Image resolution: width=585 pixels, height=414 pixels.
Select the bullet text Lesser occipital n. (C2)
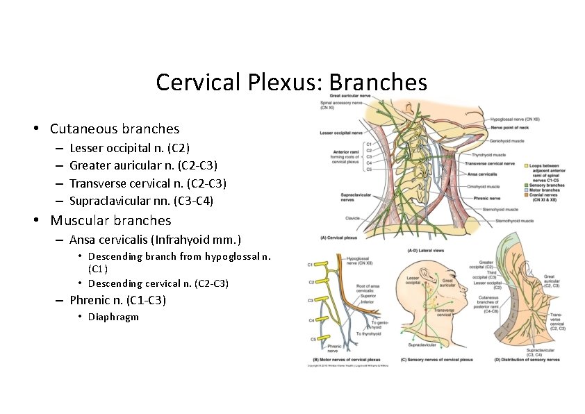click(129, 148)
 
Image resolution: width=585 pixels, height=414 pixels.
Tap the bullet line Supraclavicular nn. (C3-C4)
click(141, 201)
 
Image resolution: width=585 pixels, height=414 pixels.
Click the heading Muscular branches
click(110, 221)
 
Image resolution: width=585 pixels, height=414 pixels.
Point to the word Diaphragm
click(113, 317)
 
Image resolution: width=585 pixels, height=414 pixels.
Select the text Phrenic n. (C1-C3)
click(117, 300)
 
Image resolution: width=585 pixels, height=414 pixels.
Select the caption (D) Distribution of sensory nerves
click(526, 360)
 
